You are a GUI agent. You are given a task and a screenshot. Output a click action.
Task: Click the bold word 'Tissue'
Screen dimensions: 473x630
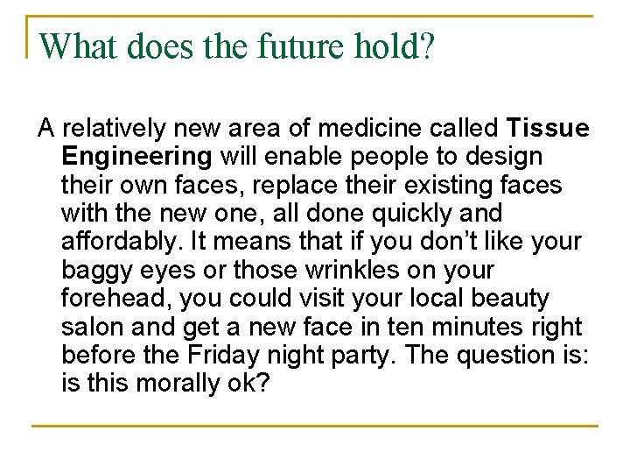click(x=548, y=129)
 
